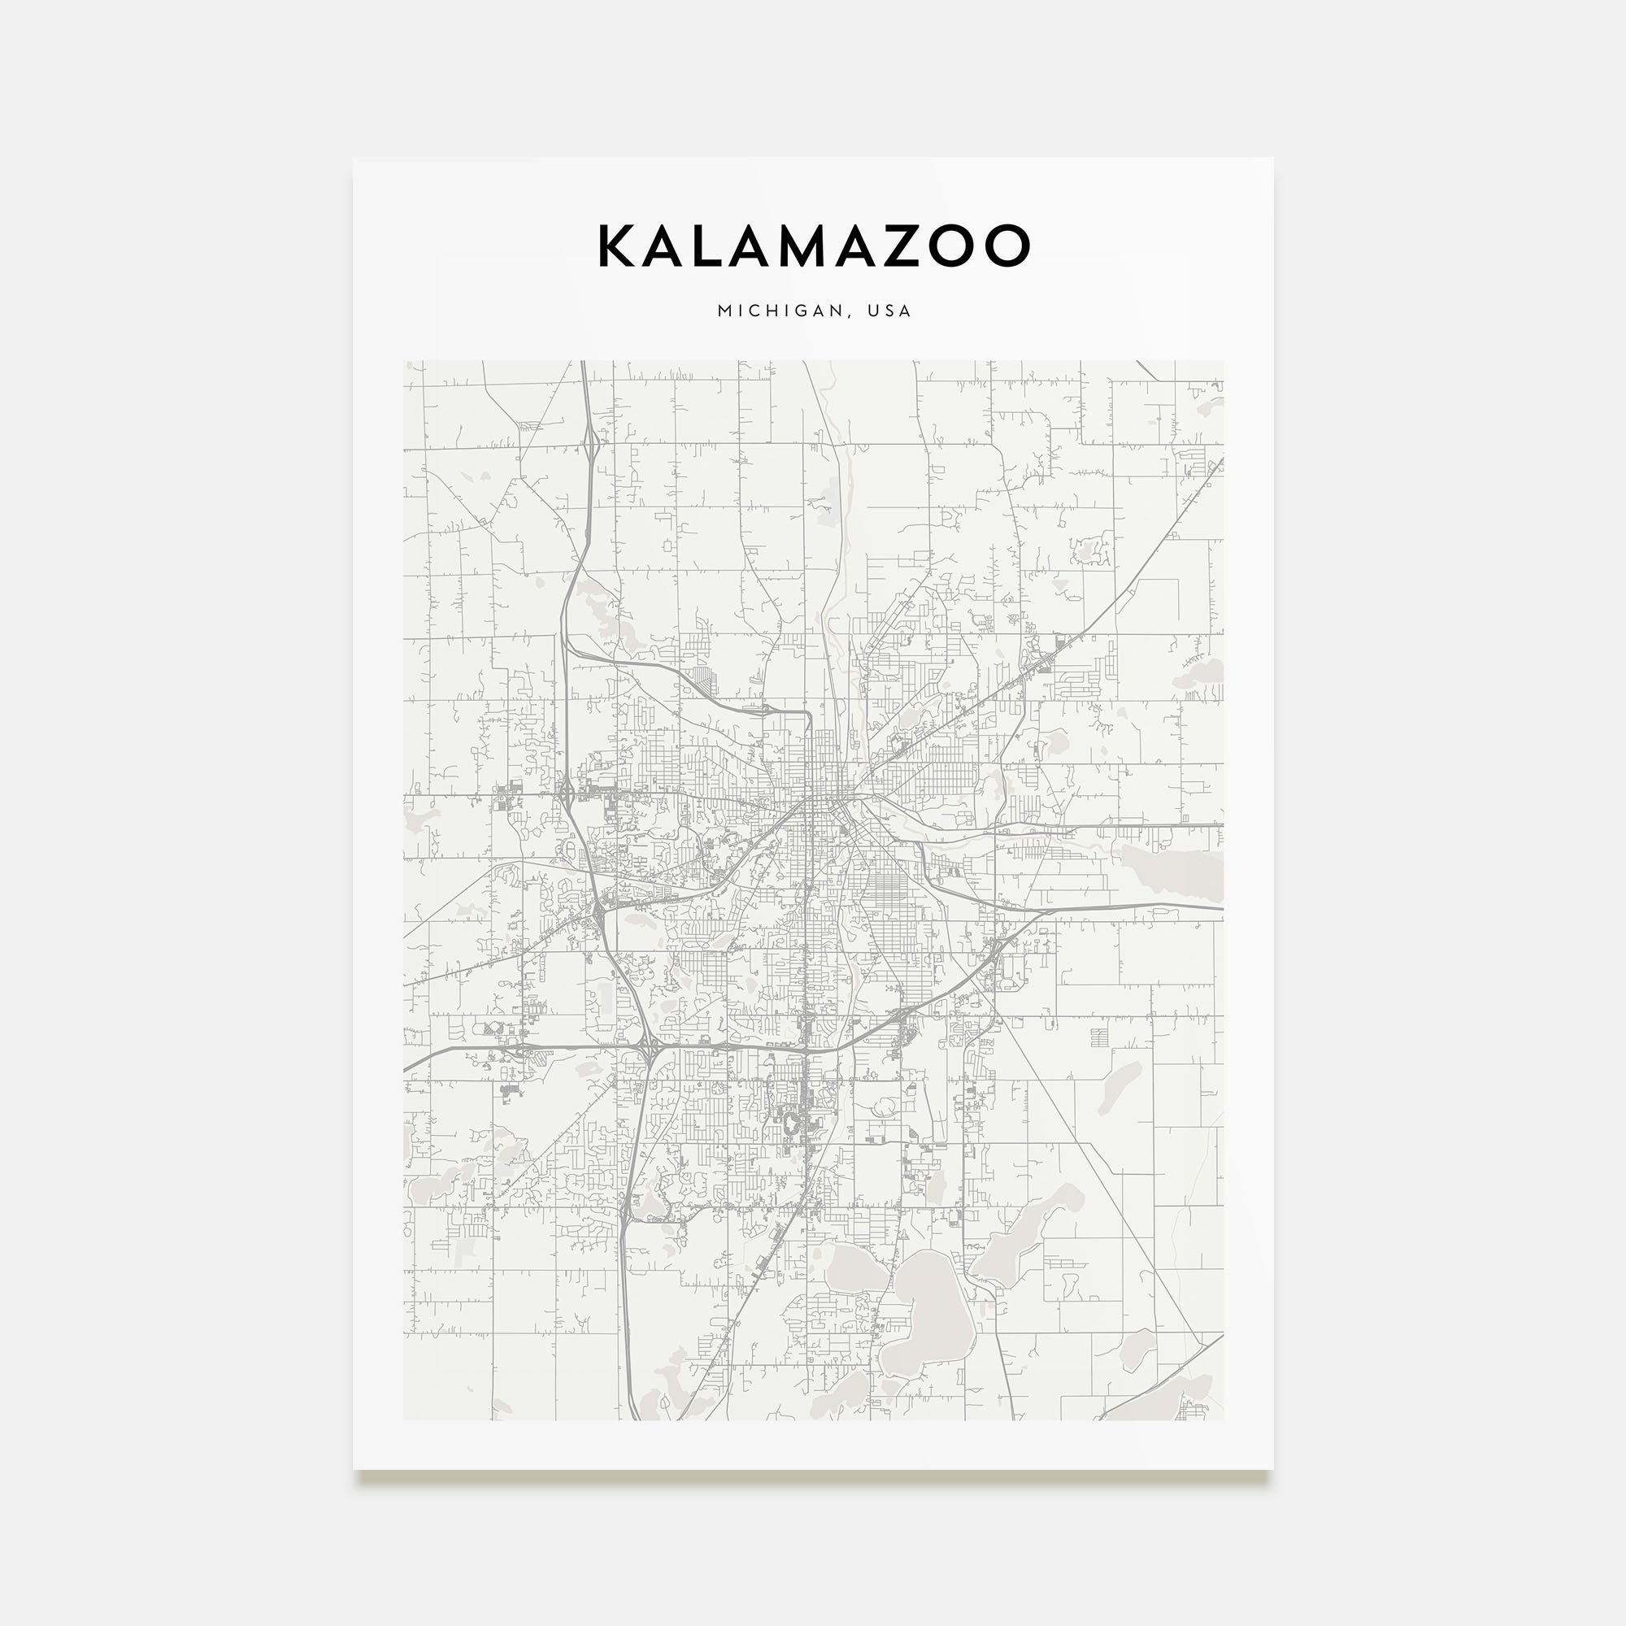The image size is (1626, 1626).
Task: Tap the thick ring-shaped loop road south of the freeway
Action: click(791, 1122)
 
